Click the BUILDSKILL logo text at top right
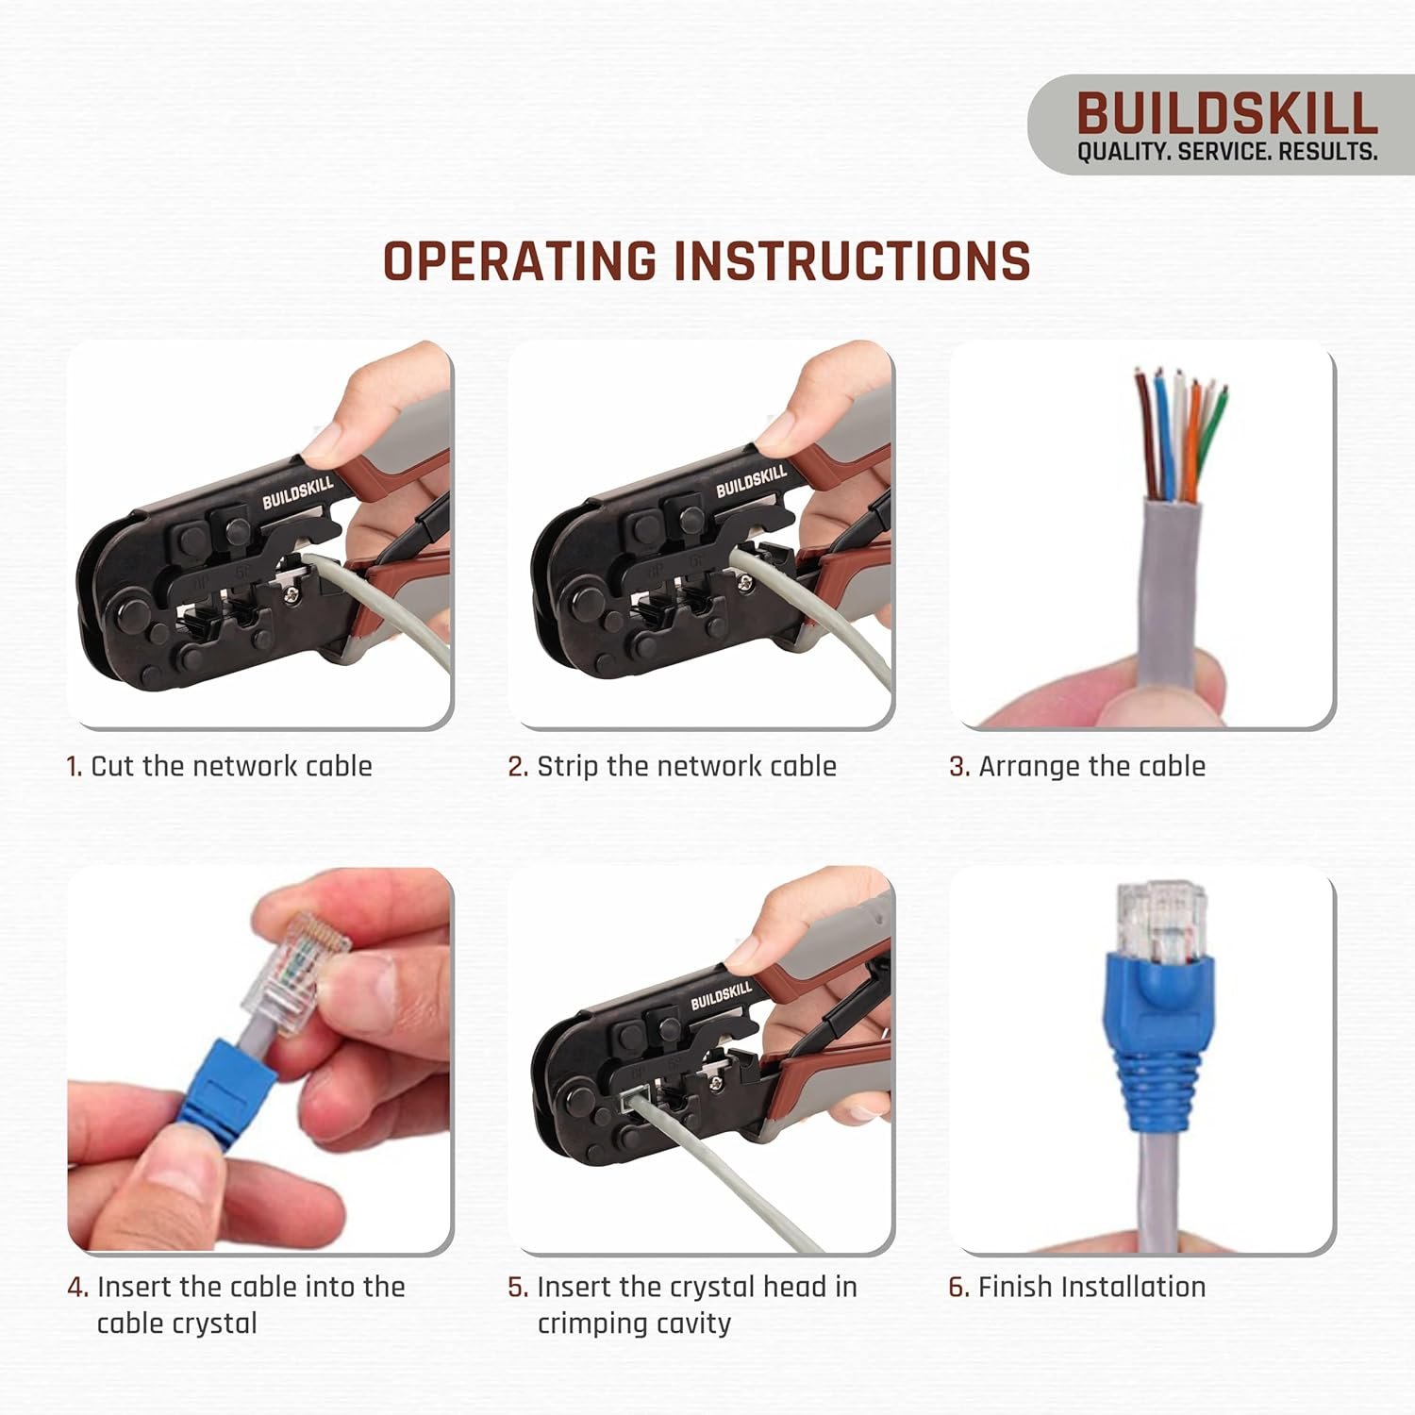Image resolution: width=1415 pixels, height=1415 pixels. (x=1226, y=114)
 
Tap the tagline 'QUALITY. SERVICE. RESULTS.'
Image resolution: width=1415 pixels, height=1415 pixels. (x=1226, y=152)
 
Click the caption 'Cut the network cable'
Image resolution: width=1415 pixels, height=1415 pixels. (x=231, y=766)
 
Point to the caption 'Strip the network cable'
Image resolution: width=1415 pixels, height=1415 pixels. (x=686, y=766)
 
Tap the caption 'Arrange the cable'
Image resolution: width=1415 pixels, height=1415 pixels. (x=1091, y=766)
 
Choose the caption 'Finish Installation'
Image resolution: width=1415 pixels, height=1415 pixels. (x=1091, y=1287)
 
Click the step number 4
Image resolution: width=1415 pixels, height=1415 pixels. (x=77, y=1288)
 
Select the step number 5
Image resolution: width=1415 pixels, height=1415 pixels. (x=517, y=1288)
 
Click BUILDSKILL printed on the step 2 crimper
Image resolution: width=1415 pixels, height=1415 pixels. (x=751, y=482)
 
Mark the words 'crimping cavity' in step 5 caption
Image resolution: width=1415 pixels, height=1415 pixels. (x=634, y=1323)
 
